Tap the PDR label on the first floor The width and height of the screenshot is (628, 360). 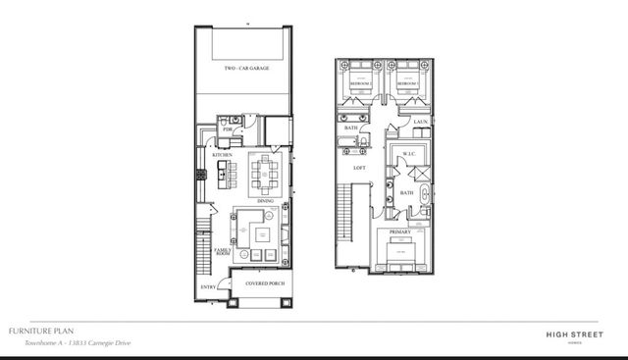pyautogui.click(x=228, y=129)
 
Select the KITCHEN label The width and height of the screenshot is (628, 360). pyautogui.click(x=223, y=154)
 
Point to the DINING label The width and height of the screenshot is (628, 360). pyautogui.click(x=265, y=202)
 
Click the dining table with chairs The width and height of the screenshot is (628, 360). pyautogui.click(x=265, y=176)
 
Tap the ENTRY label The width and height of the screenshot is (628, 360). pyautogui.click(x=208, y=286)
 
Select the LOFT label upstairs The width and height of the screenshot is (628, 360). pyautogui.click(x=359, y=168)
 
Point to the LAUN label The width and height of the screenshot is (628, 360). pyautogui.click(x=420, y=122)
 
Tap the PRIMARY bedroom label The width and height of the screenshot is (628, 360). pyautogui.click(x=400, y=231)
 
